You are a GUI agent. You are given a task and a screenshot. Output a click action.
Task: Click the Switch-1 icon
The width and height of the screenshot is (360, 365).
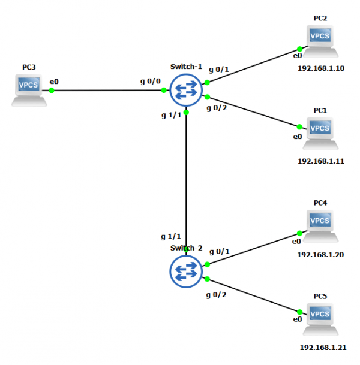coord(187,91)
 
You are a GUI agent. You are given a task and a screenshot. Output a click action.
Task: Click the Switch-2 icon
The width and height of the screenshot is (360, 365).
coord(187,272)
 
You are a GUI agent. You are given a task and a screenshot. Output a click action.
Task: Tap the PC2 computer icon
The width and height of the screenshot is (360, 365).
coord(320,41)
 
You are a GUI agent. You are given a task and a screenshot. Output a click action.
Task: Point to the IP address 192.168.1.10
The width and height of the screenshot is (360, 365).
coord(321,68)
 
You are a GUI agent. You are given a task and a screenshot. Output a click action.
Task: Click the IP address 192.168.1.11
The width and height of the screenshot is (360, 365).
coord(321,161)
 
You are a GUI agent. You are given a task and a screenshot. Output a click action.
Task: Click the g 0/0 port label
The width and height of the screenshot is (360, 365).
coord(150,80)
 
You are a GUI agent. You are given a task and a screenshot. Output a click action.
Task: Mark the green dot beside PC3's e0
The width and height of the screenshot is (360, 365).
coord(52,91)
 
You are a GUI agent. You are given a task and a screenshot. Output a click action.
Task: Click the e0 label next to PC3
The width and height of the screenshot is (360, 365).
coord(54,81)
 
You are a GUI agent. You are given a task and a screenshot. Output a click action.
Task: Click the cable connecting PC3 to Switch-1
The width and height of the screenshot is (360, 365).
coord(108,91)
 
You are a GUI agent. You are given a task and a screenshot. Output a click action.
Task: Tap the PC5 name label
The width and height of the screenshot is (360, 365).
coord(320,297)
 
